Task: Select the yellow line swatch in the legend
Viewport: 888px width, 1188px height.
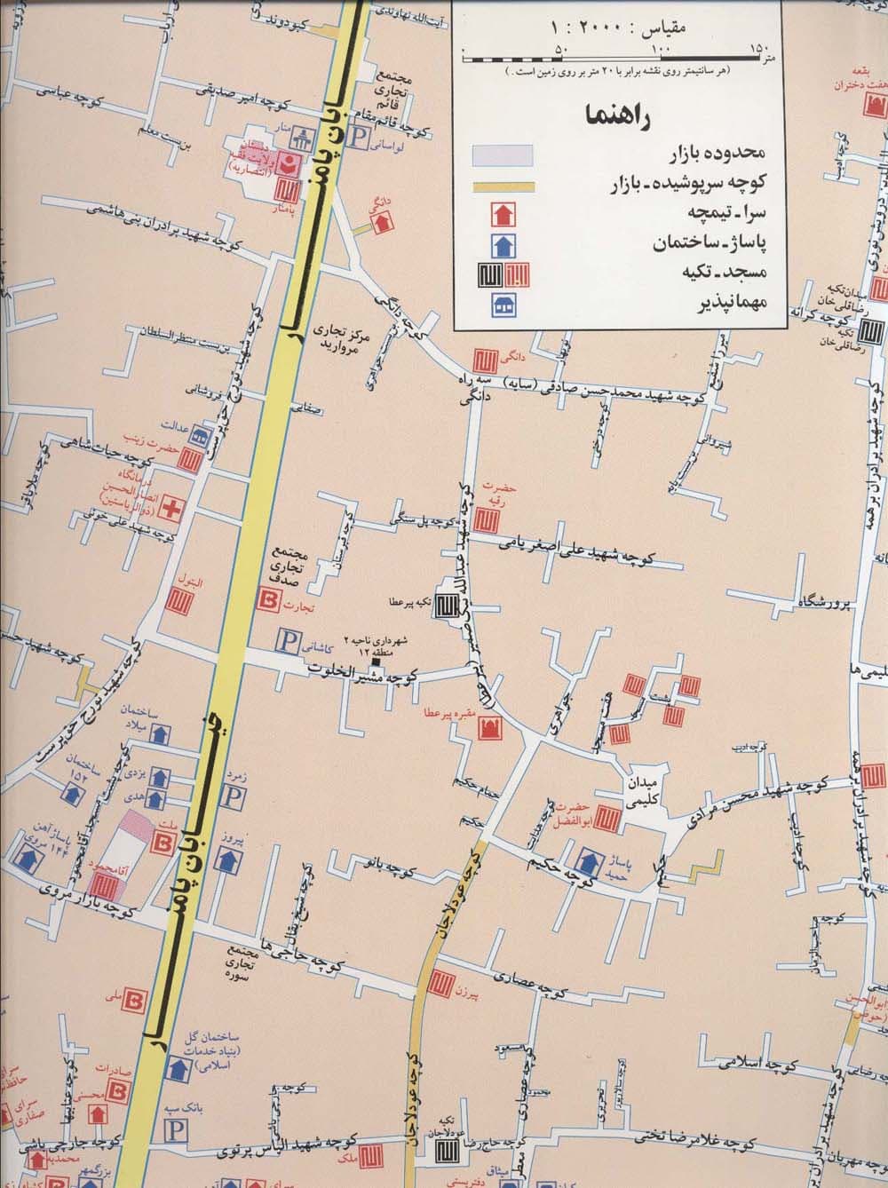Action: (x=502, y=186)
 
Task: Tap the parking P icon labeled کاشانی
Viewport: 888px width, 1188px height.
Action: (x=286, y=638)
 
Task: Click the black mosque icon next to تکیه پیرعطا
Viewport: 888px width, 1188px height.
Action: (x=443, y=604)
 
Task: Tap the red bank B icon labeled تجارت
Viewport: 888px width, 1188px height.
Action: (x=266, y=600)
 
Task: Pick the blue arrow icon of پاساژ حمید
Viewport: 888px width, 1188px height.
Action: (x=587, y=860)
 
